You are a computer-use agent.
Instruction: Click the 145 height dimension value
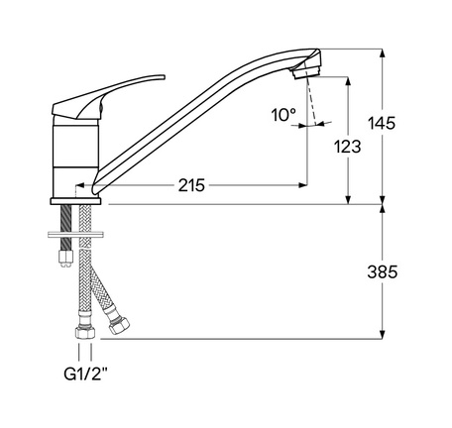382,123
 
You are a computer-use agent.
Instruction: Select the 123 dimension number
347,147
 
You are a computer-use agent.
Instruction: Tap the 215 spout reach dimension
191,185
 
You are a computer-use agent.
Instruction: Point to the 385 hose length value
383,272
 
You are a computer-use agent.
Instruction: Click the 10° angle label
283,115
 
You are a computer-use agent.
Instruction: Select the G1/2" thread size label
86,374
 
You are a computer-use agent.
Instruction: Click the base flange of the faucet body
75,201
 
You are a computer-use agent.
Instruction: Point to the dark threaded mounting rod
66,228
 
